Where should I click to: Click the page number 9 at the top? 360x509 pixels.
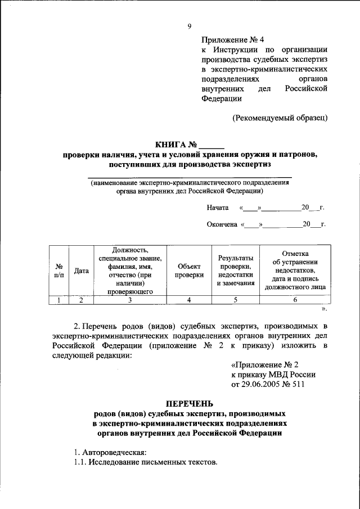190,26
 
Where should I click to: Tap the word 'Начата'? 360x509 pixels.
217,208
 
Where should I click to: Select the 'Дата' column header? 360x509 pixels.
82,271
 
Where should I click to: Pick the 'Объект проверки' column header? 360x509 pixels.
188,271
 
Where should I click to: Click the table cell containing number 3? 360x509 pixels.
130,300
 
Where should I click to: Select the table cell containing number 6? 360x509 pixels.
295,300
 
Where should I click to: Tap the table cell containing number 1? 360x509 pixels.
58,300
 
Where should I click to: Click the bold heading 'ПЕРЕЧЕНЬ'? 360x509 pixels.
190,403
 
